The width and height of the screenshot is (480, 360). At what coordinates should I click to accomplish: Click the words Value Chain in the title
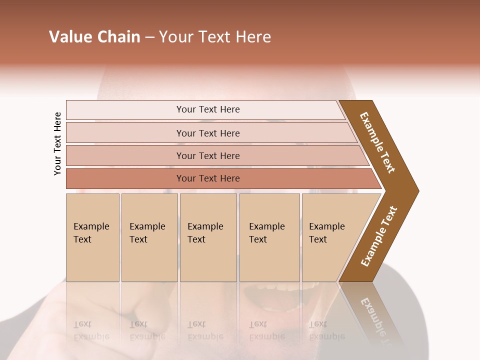click(x=94, y=37)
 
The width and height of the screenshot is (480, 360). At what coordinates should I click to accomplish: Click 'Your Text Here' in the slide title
click(x=215, y=37)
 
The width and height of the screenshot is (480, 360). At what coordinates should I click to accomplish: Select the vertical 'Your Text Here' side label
click(x=57, y=143)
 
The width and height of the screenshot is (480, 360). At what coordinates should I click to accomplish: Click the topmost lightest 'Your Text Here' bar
click(x=207, y=109)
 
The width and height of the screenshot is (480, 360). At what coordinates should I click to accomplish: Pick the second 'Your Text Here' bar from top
click(x=207, y=133)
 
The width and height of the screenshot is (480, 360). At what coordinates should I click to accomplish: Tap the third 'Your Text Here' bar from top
click(x=207, y=155)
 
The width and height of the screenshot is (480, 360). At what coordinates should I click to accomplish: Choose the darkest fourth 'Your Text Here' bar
click(x=207, y=178)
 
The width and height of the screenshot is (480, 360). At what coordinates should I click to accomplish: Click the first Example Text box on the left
click(x=92, y=237)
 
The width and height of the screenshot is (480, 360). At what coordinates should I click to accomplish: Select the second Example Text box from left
click(x=149, y=237)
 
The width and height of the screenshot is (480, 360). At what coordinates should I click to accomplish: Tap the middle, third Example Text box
click(x=207, y=237)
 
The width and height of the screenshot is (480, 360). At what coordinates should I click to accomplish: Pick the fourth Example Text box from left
click(x=269, y=237)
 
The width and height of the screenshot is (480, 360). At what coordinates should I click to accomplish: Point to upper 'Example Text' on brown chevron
click(x=377, y=142)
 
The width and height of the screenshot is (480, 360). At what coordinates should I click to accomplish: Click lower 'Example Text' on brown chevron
click(x=379, y=236)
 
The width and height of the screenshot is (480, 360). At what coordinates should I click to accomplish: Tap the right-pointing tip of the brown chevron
click(x=416, y=190)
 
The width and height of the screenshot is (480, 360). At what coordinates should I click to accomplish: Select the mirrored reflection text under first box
click(x=91, y=330)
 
